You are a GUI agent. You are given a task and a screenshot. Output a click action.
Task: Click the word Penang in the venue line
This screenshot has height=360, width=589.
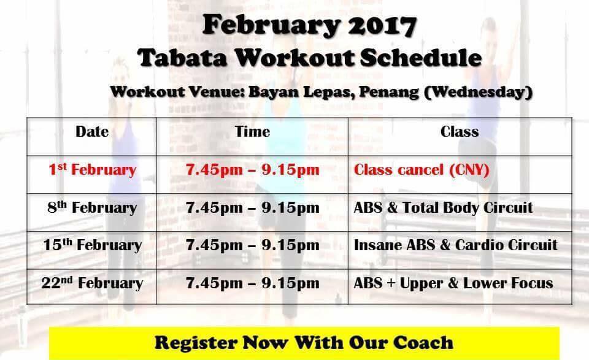[389, 92]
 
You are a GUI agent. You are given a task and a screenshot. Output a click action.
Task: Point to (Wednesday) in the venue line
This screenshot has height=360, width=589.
[478, 93]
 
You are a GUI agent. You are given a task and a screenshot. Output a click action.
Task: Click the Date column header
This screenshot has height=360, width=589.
[92, 131]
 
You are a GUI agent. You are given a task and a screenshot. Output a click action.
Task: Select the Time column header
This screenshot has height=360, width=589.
[252, 131]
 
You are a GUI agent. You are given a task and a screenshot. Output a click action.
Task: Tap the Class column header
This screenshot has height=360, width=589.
[460, 131]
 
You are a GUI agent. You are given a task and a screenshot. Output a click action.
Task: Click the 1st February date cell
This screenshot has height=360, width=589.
[93, 169]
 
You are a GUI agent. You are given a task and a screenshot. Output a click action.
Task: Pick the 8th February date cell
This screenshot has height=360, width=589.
[92, 207]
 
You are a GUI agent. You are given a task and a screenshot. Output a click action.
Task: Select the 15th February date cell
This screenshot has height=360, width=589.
[93, 245]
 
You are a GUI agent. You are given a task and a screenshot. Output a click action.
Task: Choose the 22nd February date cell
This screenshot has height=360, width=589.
[93, 283]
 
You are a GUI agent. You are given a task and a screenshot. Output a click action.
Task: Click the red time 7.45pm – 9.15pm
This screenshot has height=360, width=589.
[252, 170]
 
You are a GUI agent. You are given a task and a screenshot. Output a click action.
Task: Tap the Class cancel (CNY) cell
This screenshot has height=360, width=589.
[422, 170]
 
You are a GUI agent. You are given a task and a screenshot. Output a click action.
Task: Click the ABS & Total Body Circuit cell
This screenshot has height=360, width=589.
[443, 207]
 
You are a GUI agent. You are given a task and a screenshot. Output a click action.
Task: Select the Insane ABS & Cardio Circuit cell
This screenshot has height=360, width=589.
[456, 245]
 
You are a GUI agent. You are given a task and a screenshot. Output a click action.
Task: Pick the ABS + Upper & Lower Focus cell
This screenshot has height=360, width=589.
[453, 283]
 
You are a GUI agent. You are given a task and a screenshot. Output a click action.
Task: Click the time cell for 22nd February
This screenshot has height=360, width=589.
[252, 283]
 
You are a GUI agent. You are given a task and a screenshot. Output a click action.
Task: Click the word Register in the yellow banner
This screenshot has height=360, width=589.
[196, 343]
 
